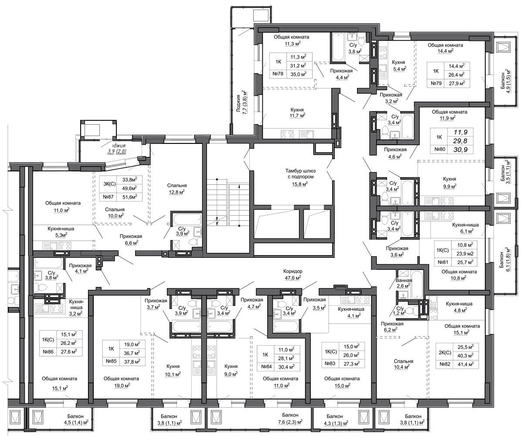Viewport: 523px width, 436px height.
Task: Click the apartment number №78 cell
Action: pos(278,74)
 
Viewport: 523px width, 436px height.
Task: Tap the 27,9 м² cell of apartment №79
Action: pos(457,83)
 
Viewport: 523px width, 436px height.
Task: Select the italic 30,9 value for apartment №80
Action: pos(460,150)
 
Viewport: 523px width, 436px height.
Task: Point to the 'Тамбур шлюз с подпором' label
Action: pos(300,174)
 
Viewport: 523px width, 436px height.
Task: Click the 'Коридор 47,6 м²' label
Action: pos(292,274)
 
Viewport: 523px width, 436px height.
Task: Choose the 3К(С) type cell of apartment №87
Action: pos(109,184)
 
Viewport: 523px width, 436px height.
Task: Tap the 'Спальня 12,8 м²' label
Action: pos(177,189)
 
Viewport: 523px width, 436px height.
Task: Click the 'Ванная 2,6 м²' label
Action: pos(404,283)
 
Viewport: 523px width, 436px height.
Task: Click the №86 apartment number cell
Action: pos(48,351)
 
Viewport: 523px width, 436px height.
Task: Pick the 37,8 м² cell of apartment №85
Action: pos(132,361)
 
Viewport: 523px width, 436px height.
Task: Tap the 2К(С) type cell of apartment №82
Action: pos(445,352)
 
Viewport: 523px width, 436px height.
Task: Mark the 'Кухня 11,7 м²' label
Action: pos(297,112)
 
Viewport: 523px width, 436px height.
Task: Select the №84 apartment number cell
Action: pos(266,367)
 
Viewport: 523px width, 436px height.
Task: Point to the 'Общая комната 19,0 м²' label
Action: pos(121,382)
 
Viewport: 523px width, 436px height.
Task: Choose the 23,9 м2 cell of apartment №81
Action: pos(465,253)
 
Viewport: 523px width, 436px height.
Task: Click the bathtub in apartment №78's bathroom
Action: pos(338,47)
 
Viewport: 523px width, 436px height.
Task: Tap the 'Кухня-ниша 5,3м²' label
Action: pos(61,232)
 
